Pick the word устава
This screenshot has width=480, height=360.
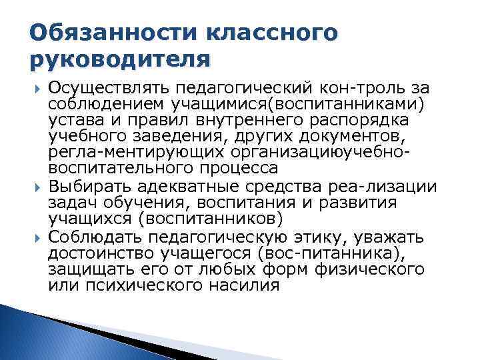pos(73,121)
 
